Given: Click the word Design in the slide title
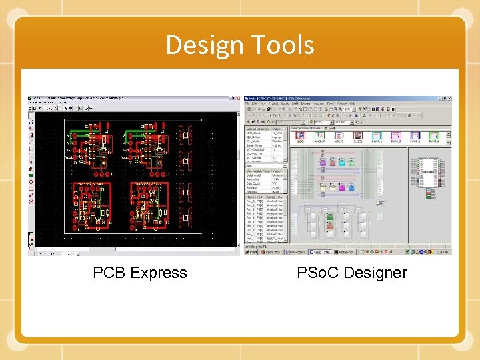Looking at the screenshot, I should click(205, 45).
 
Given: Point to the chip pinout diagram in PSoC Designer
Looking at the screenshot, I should click(425, 173).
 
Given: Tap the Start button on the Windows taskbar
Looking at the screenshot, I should click(251, 253).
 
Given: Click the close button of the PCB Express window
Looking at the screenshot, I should click(235, 99).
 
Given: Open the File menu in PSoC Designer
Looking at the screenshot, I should click(247, 104).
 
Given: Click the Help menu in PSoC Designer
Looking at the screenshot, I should click(352, 104).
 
